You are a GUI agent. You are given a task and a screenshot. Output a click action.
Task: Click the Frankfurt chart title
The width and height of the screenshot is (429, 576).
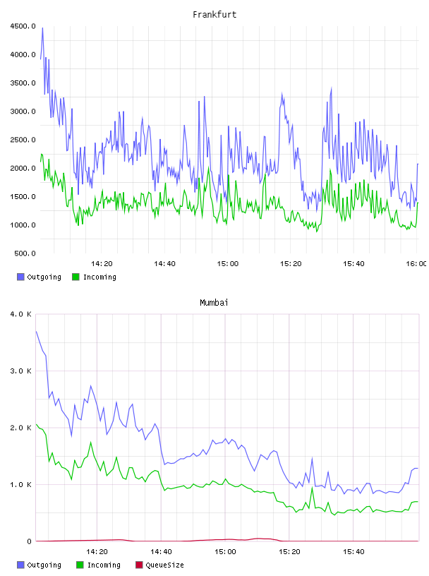click(x=214, y=15)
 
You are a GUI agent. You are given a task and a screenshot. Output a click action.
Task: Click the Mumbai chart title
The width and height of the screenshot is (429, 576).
click(x=214, y=303)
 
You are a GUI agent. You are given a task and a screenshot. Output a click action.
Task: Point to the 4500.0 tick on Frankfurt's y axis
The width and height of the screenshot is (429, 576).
click(x=23, y=26)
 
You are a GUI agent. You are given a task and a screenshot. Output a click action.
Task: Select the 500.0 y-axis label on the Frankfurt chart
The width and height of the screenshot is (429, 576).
click(x=25, y=253)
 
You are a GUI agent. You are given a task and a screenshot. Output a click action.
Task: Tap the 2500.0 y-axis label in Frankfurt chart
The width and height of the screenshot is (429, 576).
click(x=23, y=140)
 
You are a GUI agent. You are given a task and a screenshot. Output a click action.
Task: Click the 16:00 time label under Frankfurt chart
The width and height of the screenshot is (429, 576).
click(x=416, y=264)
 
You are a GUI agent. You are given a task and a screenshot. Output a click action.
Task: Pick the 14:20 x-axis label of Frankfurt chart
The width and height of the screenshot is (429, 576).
click(x=102, y=264)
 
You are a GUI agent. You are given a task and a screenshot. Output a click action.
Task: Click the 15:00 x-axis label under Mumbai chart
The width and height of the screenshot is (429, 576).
click(x=225, y=552)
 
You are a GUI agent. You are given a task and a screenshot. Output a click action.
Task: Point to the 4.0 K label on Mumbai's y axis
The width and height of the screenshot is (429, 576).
click(x=21, y=314)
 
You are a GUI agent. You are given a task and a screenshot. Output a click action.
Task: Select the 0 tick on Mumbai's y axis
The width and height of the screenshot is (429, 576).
click(x=30, y=541)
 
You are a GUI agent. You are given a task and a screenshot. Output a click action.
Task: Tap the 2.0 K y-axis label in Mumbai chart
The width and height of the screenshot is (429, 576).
click(x=21, y=428)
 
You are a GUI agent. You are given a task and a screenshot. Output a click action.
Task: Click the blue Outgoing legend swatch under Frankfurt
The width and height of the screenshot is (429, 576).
click(x=20, y=277)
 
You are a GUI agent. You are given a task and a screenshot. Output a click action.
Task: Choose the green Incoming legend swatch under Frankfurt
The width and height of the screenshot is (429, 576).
click(x=75, y=277)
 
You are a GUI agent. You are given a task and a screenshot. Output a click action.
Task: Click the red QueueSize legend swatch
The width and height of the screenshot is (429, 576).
click(x=139, y=565)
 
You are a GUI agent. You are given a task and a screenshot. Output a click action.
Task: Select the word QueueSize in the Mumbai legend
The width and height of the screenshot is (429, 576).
click(x=164, y=565)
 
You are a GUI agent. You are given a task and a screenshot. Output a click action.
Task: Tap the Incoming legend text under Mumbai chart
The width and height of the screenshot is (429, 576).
click(x=104, y=565)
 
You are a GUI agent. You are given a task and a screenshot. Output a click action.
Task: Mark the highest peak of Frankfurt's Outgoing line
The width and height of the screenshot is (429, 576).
click(x=42, y=28)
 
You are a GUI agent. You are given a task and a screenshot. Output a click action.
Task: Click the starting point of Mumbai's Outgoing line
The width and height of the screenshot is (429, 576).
click(x=36, y=331)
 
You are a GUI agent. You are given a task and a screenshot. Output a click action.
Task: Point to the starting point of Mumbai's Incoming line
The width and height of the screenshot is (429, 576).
click(x=36, y=424)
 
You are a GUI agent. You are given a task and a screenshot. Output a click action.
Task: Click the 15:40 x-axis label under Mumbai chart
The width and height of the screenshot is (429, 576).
click(x=354, y=552)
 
